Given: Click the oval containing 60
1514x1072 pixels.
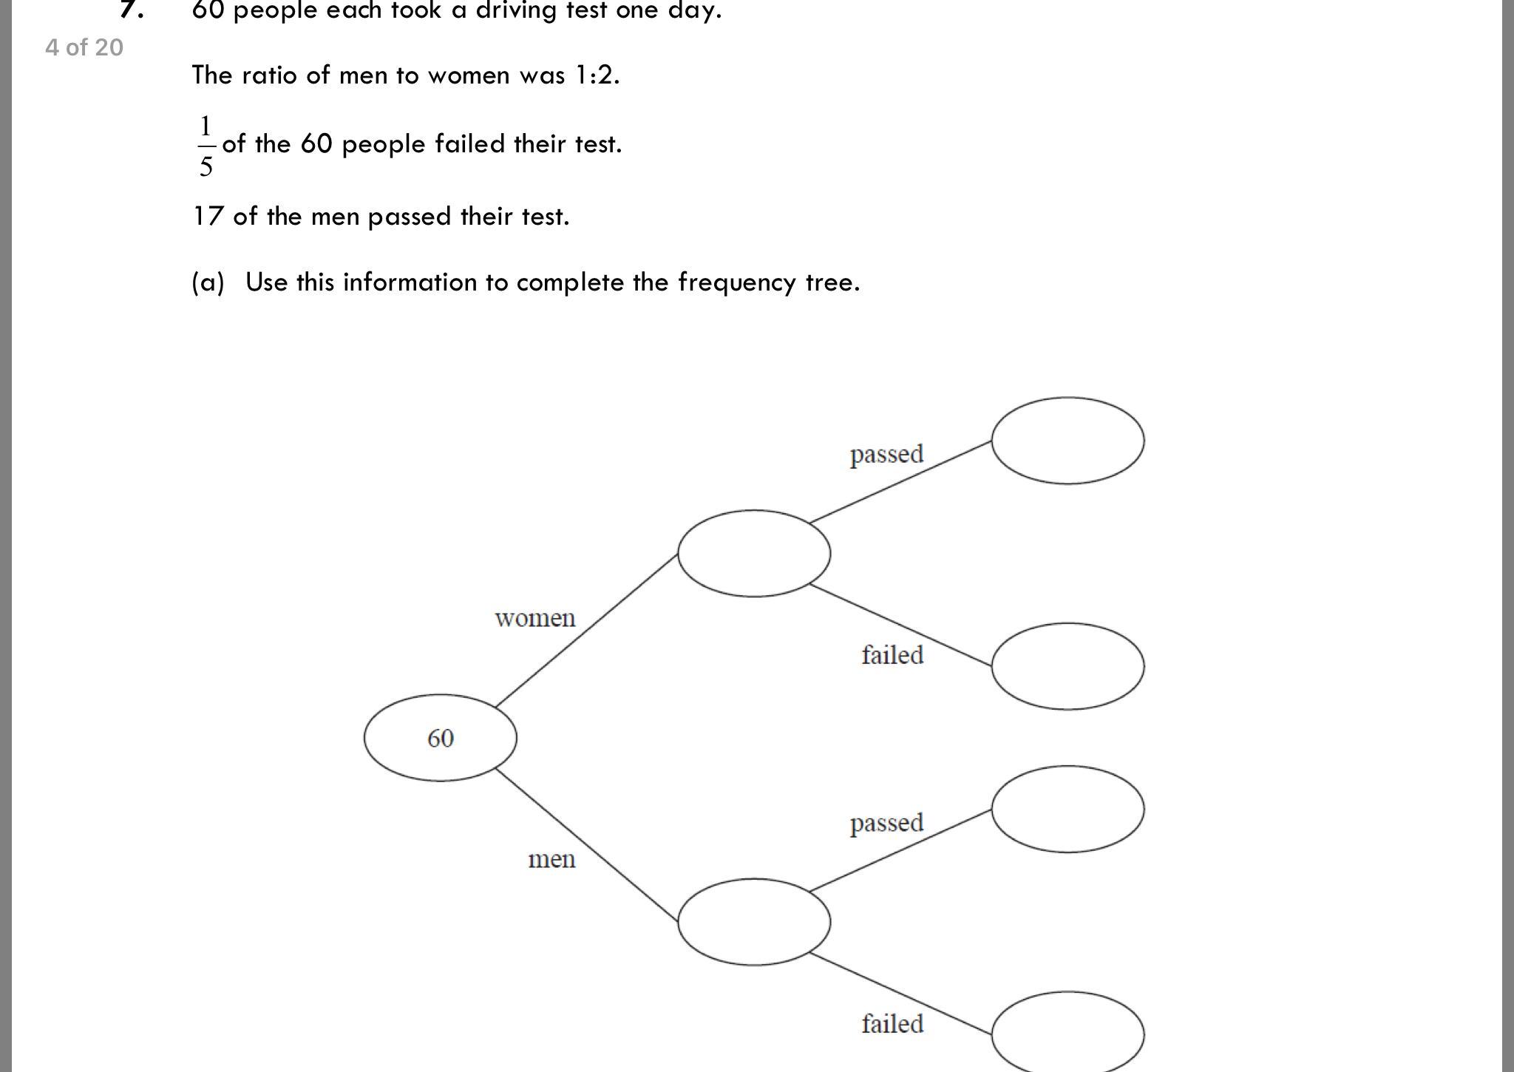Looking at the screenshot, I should pyautogui.click(x=440, y=738).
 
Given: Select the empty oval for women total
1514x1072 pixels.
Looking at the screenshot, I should pyautogui.click(x=753, y=553).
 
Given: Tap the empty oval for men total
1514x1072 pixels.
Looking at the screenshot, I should pyautogui.click(x=753, y=922).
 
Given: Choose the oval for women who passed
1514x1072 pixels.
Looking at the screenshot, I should pyautogui.click(x=1067, y=441).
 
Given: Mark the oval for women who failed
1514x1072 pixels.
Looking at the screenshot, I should pyautogui.click(x=1067, y=666).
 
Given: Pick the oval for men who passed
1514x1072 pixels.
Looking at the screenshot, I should pyautogui.click(x=1067, y=809).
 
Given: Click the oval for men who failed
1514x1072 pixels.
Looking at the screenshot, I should pyautogui.click(x=1067, y=1033).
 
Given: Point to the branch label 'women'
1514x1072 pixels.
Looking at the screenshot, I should pyautogui.click(x=534, y=618).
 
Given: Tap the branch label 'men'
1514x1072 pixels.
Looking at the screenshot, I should pyautogui.click(x=551, y=859).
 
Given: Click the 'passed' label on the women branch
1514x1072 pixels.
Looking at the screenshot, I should pyautogui.click(x=886, y=454).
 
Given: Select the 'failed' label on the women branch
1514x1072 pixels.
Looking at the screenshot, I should pyautogui.click(x=892, y=655).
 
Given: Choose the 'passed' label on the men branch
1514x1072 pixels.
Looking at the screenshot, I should pyautogui.click(x=886, y=823).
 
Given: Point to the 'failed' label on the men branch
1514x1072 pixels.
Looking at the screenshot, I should pyautogui.click(x=892, y=1024).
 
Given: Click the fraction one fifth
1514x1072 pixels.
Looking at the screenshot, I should pyautogui.click(x=206, y=146).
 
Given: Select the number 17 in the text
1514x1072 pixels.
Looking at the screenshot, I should pyautogui.click(x=208, y=217).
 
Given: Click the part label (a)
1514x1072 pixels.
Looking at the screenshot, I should pyautogui.click(x=208, y=282).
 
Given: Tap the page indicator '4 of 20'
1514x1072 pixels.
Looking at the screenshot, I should pyautogui.click(x=84, y=48).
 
